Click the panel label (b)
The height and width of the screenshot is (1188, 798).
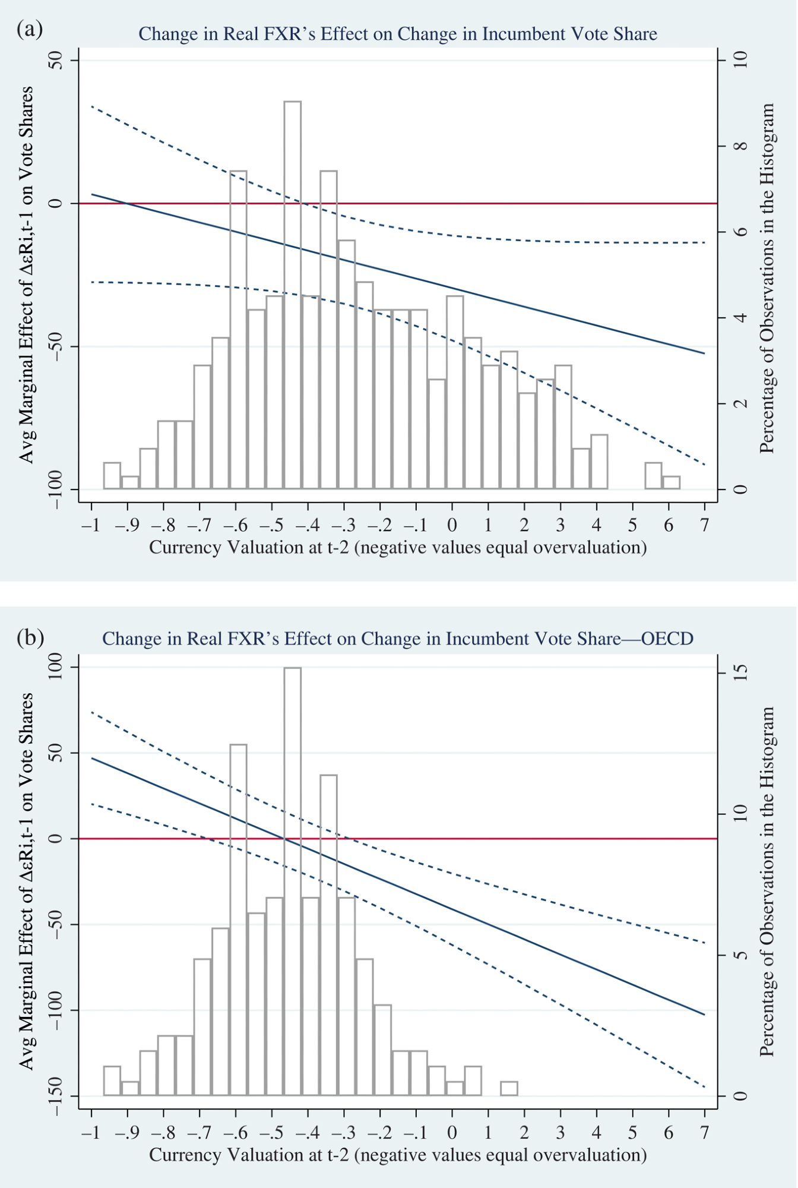coord(30,637)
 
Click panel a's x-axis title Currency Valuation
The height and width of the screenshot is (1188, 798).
coord(398,547)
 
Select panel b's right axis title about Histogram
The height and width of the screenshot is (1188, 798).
coord(768,881)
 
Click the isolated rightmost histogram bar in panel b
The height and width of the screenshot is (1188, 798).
coord(509,1088)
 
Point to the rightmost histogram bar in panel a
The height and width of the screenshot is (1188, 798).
coord(672,482)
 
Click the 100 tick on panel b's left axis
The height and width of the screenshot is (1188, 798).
coord(56,668)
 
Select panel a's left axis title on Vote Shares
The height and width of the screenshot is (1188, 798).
coord(27,274)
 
